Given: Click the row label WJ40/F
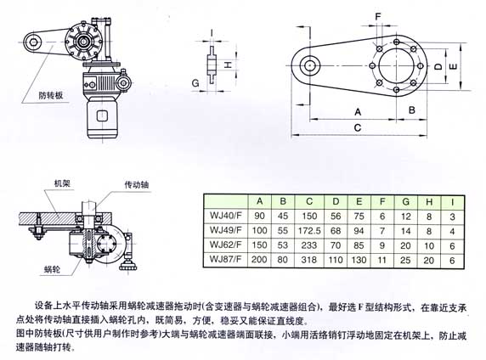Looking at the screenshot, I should tap(223, 217).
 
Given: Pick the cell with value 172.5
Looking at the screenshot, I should tap(312, 230).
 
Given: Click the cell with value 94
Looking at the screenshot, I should tap(358, 230).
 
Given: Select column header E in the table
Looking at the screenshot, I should tap(358, 202).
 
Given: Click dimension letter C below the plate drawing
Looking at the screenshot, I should tap(358, 127).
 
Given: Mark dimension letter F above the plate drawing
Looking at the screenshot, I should tap(379, 16).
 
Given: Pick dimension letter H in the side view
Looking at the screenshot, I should tap(228, 65).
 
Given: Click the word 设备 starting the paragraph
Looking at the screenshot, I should tap(43, 302).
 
